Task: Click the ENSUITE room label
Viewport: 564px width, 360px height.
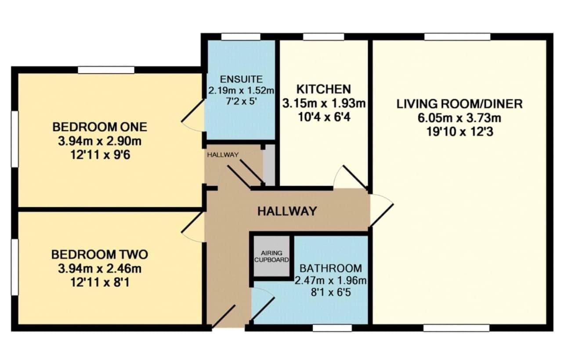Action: [x=241, y=80]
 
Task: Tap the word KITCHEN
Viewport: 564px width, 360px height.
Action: [x=324, y=89]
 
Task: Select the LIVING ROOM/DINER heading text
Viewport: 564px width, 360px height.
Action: [x=459, y=104]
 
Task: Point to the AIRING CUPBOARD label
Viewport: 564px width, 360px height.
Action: [x=271, y=256]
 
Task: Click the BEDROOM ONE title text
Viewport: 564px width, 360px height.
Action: [x=100, y=127]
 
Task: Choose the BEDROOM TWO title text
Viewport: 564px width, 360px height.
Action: [x=100, y=255]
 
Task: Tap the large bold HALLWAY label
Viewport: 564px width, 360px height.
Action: [x=287, y=211]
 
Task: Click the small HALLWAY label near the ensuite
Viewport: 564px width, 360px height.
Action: [x=223, y=155]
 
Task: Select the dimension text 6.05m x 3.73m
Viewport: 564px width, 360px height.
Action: [x=459, y=118]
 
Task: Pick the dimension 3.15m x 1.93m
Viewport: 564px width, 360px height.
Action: [x=324, y=103]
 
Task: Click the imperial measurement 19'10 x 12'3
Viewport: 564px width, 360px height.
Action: [x=460, y=132]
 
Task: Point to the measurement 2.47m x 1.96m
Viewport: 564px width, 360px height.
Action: [x=331, y=280]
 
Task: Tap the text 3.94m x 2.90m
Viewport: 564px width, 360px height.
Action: [x=100, y=142]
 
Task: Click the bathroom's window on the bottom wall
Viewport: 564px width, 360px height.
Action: [x=332, y=328]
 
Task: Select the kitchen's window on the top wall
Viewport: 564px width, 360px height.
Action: [x=324, y=37]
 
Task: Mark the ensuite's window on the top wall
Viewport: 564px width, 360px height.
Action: [x=241, y=37]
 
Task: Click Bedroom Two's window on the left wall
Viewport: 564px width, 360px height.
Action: [x=14, y=267]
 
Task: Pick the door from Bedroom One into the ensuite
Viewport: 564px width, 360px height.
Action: [x=193, y=115]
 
